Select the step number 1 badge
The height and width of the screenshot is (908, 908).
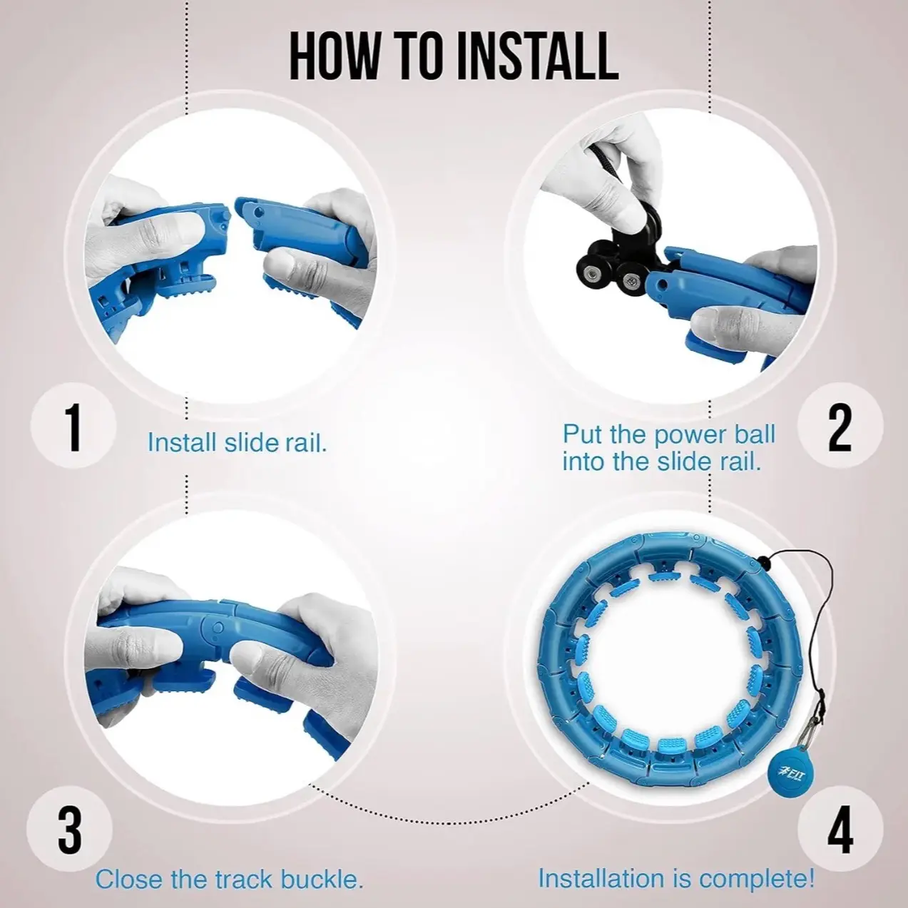(73, 426)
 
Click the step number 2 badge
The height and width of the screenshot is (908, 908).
(841, 426)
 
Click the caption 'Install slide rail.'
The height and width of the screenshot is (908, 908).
(237, 443)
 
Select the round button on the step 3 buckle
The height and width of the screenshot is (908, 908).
(218, 627)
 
